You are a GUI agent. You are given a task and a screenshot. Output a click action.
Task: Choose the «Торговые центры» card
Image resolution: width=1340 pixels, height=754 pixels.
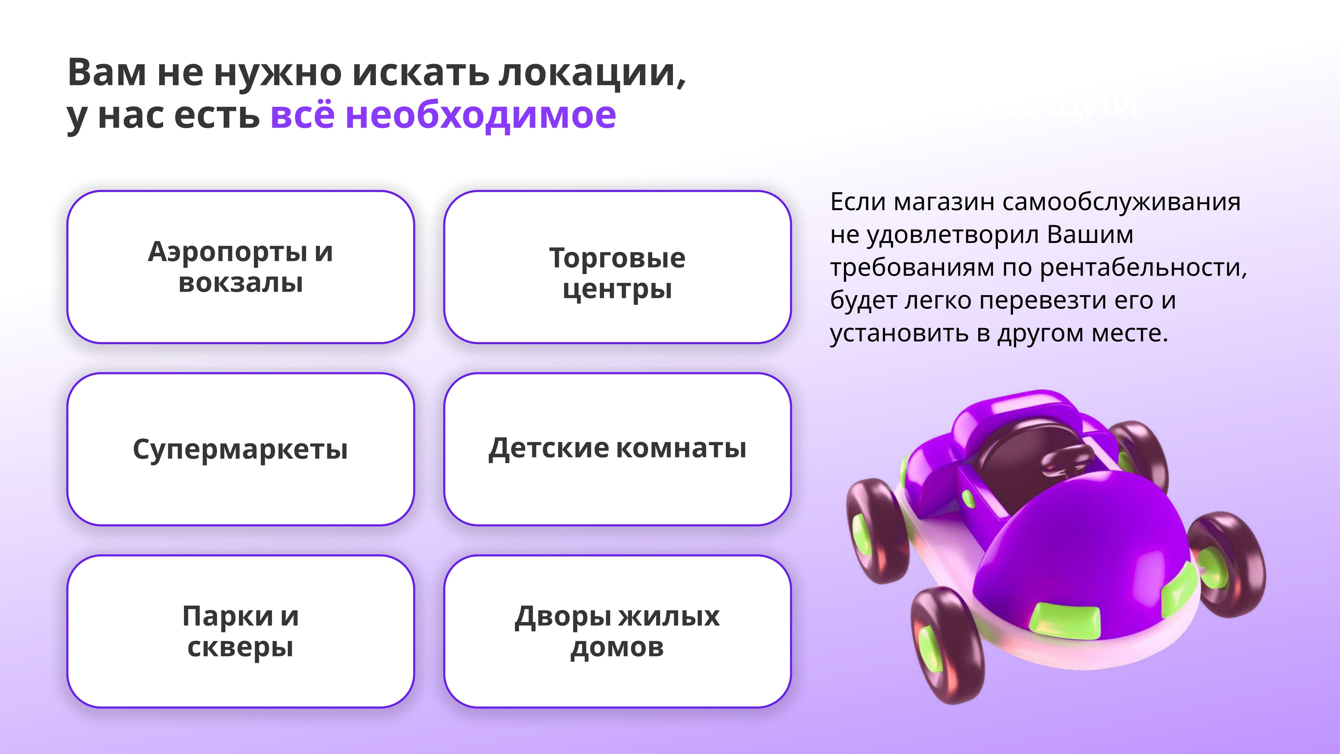[x=617, y=267]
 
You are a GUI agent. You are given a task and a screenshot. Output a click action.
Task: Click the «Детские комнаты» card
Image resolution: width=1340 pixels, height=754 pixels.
[x=617, y=449]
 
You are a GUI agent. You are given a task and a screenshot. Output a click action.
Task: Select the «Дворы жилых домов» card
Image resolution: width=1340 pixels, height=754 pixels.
[x=617, y=631]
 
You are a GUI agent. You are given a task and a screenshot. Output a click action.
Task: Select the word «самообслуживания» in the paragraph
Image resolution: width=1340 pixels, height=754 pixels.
[x=1121, y=202]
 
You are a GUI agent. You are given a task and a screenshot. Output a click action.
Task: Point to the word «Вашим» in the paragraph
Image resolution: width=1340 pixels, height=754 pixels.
[x=1090, y=235]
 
